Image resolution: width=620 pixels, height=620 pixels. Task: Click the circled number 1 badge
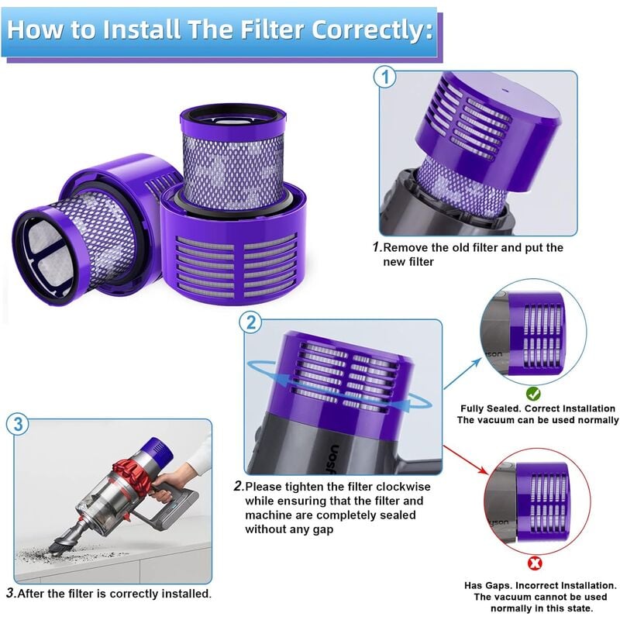385,77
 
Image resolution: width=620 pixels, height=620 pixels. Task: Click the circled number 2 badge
250,323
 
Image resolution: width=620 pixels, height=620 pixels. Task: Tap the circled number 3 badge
19,424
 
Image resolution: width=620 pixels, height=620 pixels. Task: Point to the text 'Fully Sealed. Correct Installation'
537,408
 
